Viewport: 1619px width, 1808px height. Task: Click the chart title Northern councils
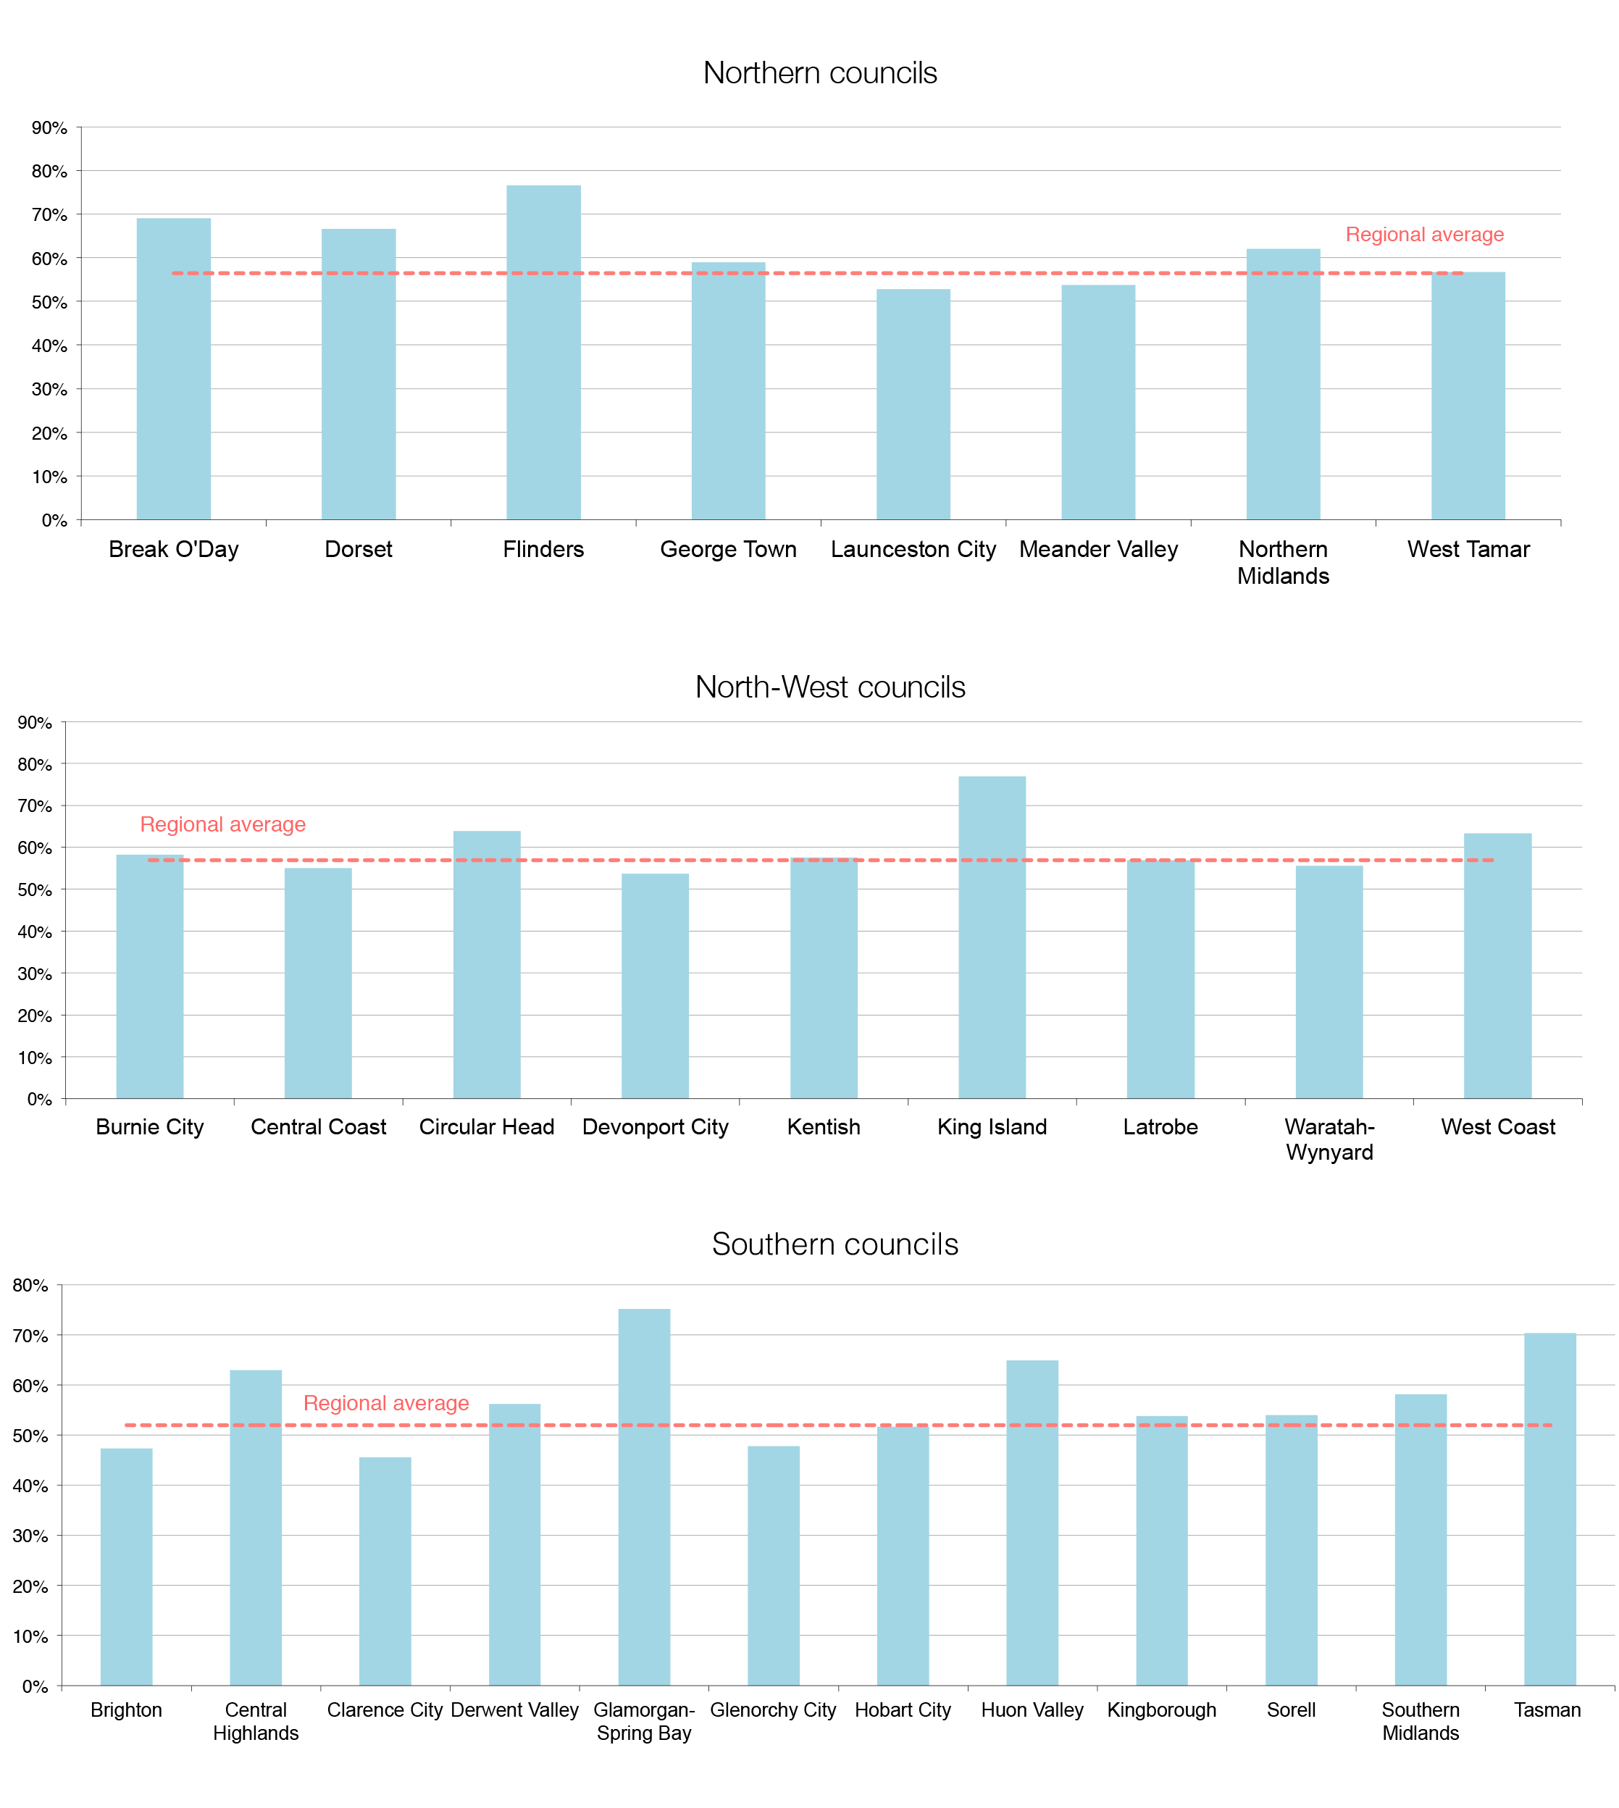[819, 73]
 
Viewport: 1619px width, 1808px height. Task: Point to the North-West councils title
[829, 687]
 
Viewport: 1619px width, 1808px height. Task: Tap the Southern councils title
[834, 1244]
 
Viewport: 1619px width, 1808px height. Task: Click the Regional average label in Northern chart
[1424, 235]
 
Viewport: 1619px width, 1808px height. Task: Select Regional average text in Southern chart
[386, 1403]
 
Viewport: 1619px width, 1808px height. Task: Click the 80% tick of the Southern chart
[30, 1285]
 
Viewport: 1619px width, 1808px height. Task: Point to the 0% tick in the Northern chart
[54, 520]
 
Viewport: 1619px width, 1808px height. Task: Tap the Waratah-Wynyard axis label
[1329, 1139]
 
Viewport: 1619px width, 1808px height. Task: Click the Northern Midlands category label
[1283, 562]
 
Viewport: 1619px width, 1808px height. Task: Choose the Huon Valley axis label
[1032, 1710]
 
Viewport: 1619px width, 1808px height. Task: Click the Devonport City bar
[655, 987]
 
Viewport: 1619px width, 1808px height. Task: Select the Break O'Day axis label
[173, 550]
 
